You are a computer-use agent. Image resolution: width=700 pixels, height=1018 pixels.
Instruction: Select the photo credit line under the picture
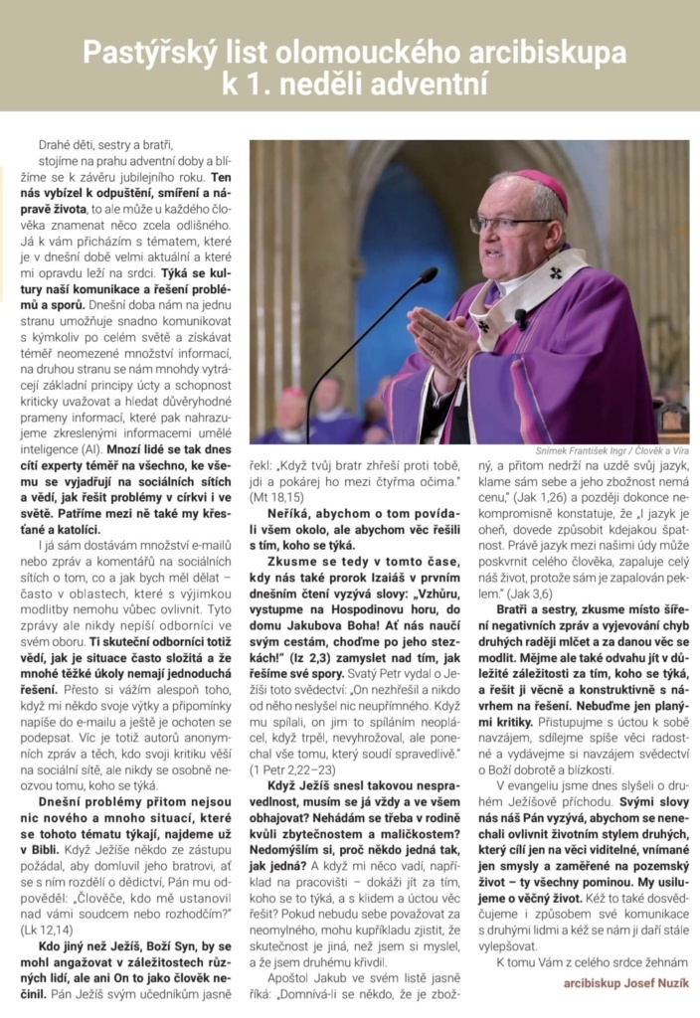pyautogui.click(x=604, y=450)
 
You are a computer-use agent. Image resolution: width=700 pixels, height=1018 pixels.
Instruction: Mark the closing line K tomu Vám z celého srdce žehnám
pyautogui.click(x=581, y=960)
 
